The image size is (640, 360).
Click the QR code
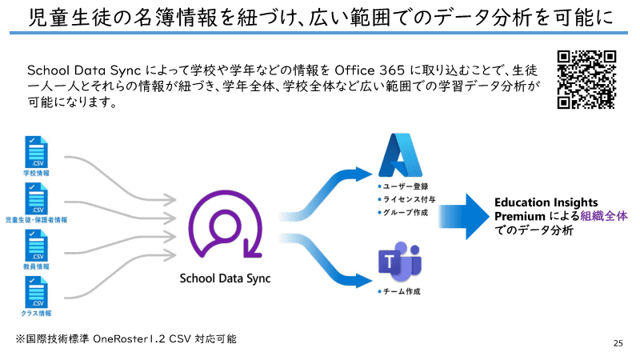[586, 79]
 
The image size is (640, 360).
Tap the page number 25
[618, 342]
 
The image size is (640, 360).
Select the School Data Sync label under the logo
[225, 278]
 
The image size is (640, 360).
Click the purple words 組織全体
[605, 216]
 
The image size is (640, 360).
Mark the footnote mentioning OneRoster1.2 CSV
[126, 339]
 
